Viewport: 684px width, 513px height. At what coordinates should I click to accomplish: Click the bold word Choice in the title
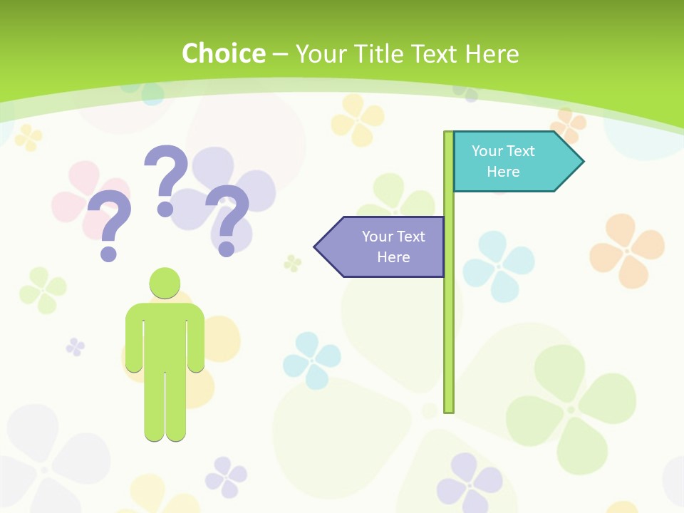click(x=223, y=53)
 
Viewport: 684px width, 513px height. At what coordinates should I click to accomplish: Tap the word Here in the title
click(x=492, y=53)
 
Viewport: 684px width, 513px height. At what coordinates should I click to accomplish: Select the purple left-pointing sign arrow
click(x=380, y=247)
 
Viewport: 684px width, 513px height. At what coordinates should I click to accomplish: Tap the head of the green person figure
click(x=165, y=283)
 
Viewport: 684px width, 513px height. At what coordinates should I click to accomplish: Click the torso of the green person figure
click(x=165, y=335)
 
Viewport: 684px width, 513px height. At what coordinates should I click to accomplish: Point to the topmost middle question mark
click(x=166, y=178)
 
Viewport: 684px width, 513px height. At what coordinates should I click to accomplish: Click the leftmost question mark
click(x=110, y=224)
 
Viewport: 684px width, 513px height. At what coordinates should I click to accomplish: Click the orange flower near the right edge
click(x=626, y=250)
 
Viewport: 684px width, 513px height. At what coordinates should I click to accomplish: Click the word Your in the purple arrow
click(x=375, y=237)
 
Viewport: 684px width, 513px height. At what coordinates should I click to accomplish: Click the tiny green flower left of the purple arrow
click(x=292, y=263)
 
